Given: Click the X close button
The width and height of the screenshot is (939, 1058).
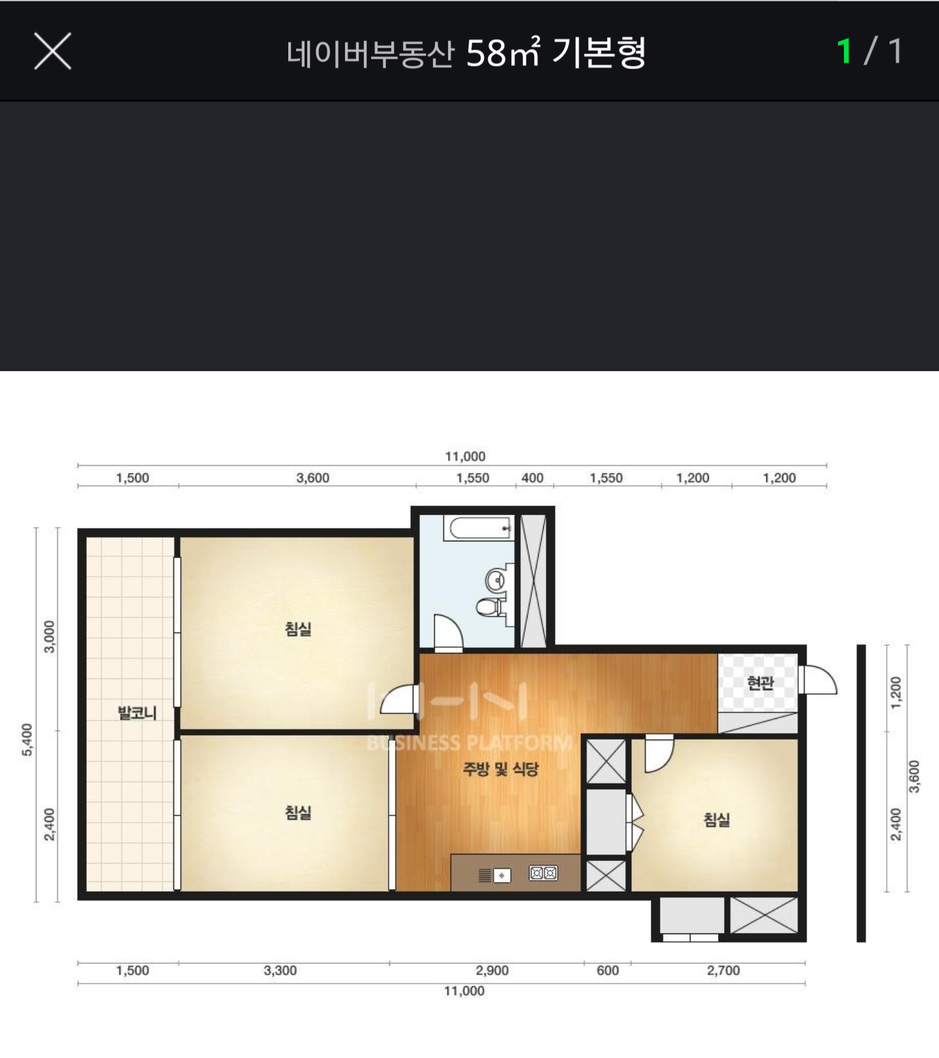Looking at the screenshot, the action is [53, 51].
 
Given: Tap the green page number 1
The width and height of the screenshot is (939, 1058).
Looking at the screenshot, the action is [844, 51].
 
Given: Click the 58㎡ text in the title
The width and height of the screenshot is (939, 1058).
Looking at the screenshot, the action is [503, 52].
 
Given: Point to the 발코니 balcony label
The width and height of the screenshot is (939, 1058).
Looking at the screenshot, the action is [137, 712].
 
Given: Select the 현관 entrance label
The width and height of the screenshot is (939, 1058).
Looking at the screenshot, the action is [760, 683].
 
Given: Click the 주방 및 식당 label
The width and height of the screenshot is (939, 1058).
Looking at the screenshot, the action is [501, 769].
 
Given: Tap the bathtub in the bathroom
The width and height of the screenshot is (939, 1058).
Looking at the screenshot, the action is [478, 528].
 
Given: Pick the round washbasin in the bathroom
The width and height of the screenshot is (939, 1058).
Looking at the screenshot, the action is [496, 579].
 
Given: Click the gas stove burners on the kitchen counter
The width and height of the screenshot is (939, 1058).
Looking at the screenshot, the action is [543, 873].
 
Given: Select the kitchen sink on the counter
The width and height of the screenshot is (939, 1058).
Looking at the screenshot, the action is [501, 875].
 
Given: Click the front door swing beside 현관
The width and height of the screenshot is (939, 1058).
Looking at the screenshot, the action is [818, 680].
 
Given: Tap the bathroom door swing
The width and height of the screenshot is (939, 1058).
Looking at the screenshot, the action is [448, 633].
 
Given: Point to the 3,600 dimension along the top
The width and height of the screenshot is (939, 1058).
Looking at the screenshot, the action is [313, 477].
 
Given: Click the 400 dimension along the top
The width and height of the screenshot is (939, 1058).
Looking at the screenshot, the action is [532, 477].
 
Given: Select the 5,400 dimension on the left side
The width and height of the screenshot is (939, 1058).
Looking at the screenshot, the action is [27, 740].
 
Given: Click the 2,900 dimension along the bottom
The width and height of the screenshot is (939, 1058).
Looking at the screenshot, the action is [492, 970].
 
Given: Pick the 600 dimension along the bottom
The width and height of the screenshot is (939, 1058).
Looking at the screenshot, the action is [607, 970].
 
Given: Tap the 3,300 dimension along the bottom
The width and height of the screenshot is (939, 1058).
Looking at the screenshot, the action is [280, 970].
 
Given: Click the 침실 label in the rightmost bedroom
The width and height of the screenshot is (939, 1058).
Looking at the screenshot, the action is [717, 819].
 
